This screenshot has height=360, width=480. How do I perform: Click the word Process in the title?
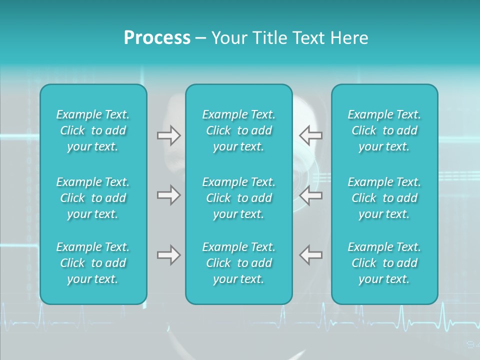(157, 38)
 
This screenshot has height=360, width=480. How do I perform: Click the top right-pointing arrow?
(168, 135)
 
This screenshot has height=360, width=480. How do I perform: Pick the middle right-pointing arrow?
(168, 195)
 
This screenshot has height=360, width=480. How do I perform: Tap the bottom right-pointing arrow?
(168, 255)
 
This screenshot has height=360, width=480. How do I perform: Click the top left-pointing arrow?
(310, 135)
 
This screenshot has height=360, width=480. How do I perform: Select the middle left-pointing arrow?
(310, 195)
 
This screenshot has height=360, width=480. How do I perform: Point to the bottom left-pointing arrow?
(310, 255)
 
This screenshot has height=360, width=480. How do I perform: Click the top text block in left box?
(93, 130)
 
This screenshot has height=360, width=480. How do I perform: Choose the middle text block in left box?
(93, 198)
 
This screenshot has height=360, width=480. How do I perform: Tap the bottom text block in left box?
(93, 263)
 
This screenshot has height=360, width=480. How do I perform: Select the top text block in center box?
(238, 130)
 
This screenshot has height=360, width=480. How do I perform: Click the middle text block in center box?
(238, 198)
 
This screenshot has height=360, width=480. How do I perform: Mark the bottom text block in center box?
(238, 263)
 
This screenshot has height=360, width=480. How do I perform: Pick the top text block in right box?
(384, 130)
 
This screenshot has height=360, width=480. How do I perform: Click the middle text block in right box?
(384, 198)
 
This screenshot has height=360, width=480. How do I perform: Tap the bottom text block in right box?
(384, 263)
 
